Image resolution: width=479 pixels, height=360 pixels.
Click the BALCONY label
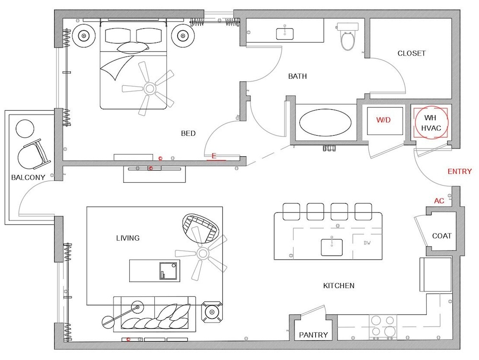coord(28,177)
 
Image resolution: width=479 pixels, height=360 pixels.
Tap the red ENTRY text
coord(459,172)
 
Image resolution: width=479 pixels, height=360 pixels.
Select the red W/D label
coord(383,120)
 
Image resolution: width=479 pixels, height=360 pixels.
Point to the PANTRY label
coord(313,335)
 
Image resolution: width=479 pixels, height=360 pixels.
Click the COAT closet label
coord(442,236)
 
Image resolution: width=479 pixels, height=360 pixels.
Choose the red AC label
coord(439,201)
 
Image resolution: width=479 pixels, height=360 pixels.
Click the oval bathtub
coord(325,123)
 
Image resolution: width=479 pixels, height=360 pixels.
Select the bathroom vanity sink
coord(285,34)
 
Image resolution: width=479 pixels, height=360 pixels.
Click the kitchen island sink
coord(331,247)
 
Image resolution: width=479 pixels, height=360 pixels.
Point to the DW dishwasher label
coord(367,243)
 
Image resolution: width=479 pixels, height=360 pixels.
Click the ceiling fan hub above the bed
coord(149,89)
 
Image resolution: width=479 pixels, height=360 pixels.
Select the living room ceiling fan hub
coord(202,253)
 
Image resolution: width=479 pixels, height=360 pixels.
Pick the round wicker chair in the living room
coord(200,228)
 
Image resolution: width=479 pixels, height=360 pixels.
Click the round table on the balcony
coord(25,128)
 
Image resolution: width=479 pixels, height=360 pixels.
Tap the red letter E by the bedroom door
coord(214,156)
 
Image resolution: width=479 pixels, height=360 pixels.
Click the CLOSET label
coord(411,53)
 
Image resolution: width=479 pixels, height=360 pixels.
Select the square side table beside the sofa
coord(212,312)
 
